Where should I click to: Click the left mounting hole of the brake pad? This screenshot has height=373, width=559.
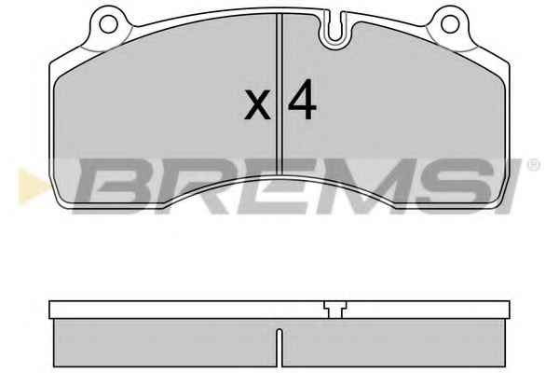[x=108, y=24]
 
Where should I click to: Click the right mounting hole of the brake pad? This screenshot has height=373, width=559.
[x=450, y=24]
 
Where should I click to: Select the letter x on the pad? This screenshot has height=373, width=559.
[x=257, y=104]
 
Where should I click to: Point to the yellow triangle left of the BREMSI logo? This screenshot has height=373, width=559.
[x=33, y=187]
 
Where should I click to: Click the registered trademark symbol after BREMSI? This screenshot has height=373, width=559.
[x=533, y=166]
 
